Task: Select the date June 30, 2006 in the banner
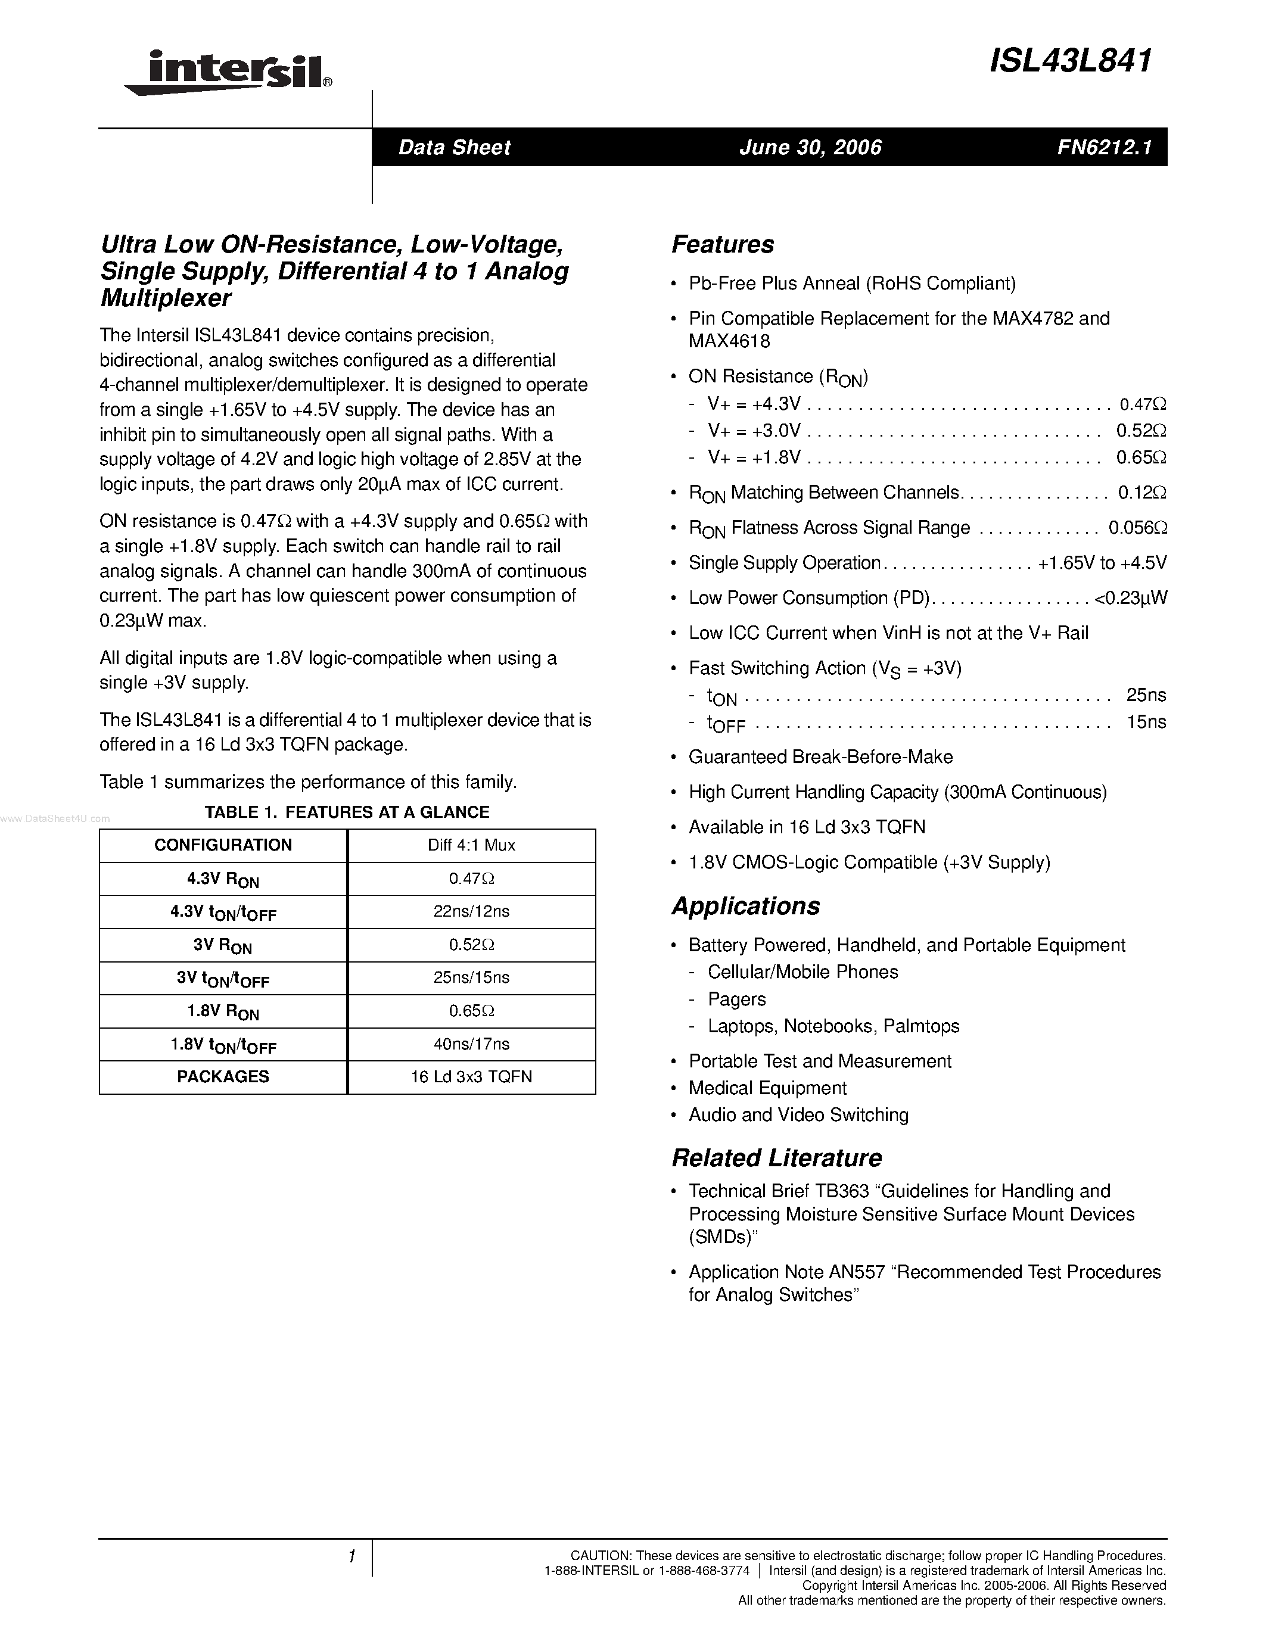810,147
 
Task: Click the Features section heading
722,244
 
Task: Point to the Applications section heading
745,906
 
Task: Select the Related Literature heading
776,1157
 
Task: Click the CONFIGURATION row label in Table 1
223,845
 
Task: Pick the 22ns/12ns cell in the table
471,911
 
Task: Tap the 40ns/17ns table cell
471,1043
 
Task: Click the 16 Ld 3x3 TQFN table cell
471,1077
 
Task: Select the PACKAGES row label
223,1077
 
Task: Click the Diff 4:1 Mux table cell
471,845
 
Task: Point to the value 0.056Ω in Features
1137,528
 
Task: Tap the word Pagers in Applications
736,999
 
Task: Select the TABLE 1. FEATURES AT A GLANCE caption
347,812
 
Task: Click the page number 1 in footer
351,1557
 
